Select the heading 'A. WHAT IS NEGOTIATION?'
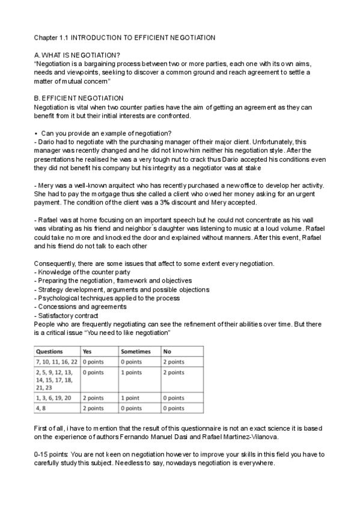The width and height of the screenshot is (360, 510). [77, 55]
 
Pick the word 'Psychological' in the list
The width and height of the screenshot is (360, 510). [60, 298]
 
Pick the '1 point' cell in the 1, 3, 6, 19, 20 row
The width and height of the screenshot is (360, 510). [132, 398]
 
